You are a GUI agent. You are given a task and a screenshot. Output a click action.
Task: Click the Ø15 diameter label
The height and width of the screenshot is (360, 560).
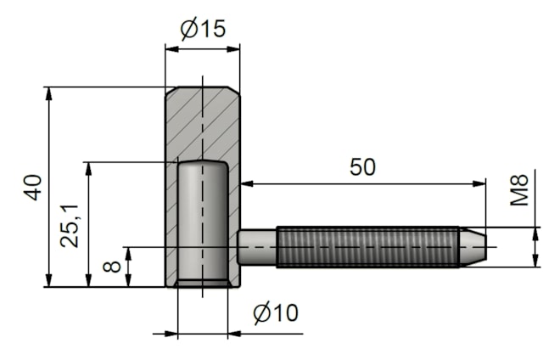click(x=203, y=29)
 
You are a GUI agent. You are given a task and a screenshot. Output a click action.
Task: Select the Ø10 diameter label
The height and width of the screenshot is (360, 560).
click(x=276, y=313)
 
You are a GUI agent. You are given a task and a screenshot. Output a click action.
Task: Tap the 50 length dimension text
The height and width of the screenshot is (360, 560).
click(x=362, y=167)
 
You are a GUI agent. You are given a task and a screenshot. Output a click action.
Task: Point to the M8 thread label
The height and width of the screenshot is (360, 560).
click(x=519, y=190)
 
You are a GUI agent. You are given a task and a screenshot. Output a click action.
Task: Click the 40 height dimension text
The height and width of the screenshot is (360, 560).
click(x=33, y=188)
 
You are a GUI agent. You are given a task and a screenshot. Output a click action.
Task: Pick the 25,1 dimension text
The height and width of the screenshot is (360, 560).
click(x=70, y=226)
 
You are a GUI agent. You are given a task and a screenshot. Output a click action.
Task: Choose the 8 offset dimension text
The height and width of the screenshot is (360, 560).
click(x=112, y=267)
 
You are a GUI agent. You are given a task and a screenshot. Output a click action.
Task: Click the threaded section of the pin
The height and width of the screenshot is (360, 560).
click(x=368, y=247)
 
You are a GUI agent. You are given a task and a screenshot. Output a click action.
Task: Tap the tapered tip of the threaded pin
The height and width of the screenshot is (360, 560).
click(x=473, y=247)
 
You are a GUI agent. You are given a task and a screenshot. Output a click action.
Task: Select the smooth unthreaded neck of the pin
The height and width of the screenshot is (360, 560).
click(x=257, y=247)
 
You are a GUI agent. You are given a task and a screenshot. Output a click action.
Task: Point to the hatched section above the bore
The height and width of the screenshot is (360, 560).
click(x=203, y=123)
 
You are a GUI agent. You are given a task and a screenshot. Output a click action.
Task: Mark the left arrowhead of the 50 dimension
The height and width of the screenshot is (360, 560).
click(x=247, y=183)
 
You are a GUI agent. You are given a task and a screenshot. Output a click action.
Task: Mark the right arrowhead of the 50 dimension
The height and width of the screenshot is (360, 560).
click(x=479, y=183)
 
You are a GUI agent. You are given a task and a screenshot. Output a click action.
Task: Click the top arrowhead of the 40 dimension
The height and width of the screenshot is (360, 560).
click(x=49, y=93)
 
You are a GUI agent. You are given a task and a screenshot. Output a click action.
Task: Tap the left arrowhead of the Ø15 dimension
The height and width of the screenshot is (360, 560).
click(x=171, y=49)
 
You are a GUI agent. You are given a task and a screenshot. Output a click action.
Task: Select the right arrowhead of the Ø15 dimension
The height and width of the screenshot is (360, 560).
click(x=233, y=49)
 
